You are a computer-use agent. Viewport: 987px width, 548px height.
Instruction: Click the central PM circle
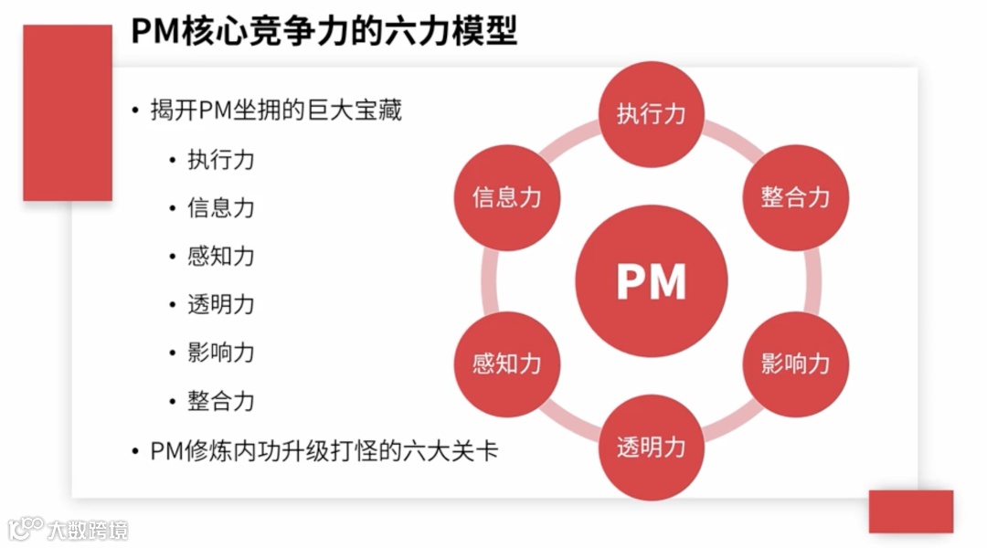(651, 281)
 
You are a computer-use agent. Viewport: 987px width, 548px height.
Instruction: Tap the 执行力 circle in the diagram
(651, 114)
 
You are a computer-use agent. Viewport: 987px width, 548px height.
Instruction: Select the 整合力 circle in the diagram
(795, 197)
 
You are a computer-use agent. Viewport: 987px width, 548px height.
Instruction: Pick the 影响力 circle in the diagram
(795, 364)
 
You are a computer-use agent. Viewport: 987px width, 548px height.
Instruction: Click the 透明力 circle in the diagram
(651, 448)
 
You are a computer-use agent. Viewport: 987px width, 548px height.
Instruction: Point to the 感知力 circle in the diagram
(507, 364)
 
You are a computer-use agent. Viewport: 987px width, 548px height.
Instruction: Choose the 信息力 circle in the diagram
(507, 197)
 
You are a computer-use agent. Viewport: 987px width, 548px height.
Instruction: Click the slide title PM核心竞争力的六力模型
(324, 31)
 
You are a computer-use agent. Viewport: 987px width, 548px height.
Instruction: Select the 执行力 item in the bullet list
(220, 160)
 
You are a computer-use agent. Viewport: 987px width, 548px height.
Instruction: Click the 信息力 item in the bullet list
(220, 208)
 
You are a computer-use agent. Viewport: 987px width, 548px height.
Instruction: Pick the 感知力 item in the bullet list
(220, 257)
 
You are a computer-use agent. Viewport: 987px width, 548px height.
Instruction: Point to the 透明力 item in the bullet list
(220, 305)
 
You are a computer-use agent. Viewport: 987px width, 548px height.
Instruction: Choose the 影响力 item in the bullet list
(220, 353)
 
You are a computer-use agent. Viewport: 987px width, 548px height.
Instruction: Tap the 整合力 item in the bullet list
(220, 402)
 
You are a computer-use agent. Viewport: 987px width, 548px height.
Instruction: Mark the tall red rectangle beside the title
(67, 112)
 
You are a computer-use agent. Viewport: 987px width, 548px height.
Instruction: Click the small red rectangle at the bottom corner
(910, 511)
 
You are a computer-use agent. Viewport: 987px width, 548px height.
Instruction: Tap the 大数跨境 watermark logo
(69, 529)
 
